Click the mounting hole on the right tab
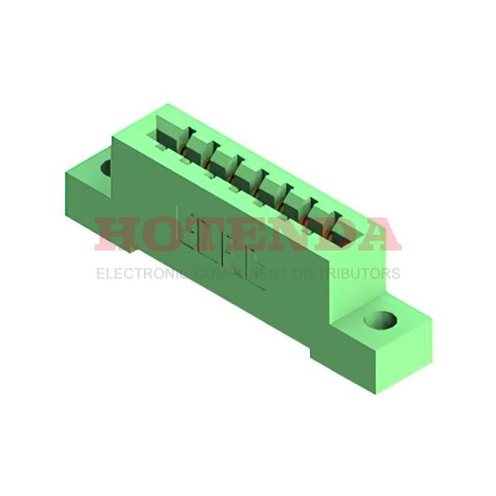[381, 319]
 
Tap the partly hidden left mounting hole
[106, 168]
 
